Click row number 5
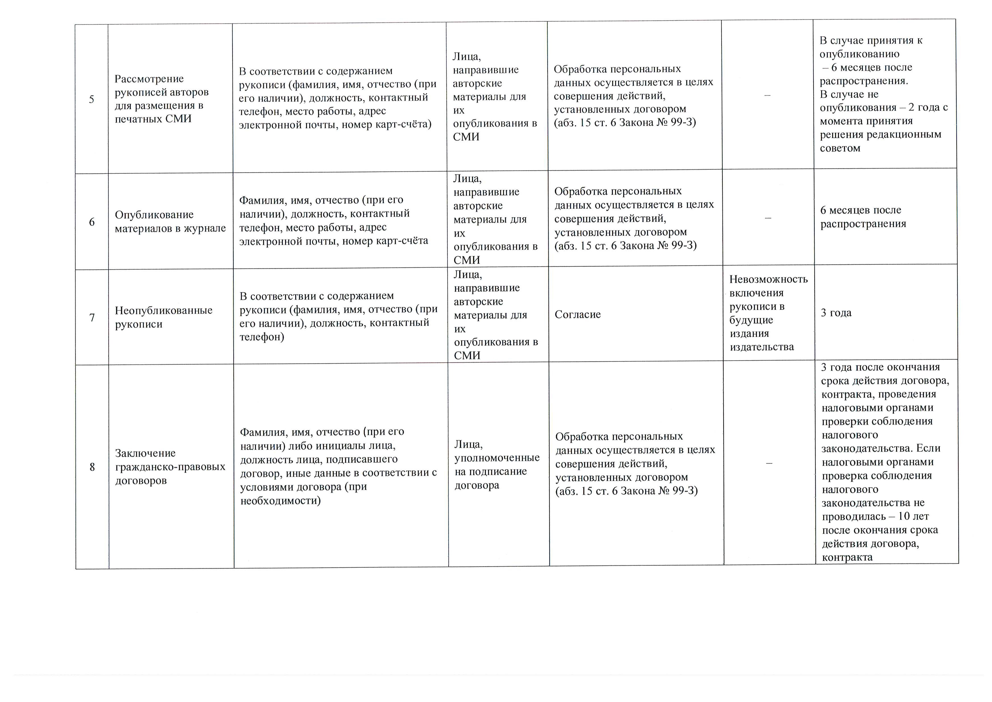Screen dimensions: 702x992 click(92, 99)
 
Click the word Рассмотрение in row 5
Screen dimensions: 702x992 click(149, 79)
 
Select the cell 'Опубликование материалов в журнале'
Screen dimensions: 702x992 click(170, 221)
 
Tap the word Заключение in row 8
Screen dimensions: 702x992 click(145, 453)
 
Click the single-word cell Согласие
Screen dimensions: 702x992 click(578, 314)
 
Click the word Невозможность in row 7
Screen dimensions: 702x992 click(769, 279)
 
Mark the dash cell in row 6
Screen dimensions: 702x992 click(768, 218)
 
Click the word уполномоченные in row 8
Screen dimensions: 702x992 click(497, 458)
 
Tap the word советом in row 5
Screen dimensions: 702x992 click(840, 148)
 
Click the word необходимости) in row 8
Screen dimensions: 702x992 click(280, 500)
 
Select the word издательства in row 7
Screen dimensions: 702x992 click(762, 347)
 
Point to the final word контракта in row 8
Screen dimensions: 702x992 click(847, 557)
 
